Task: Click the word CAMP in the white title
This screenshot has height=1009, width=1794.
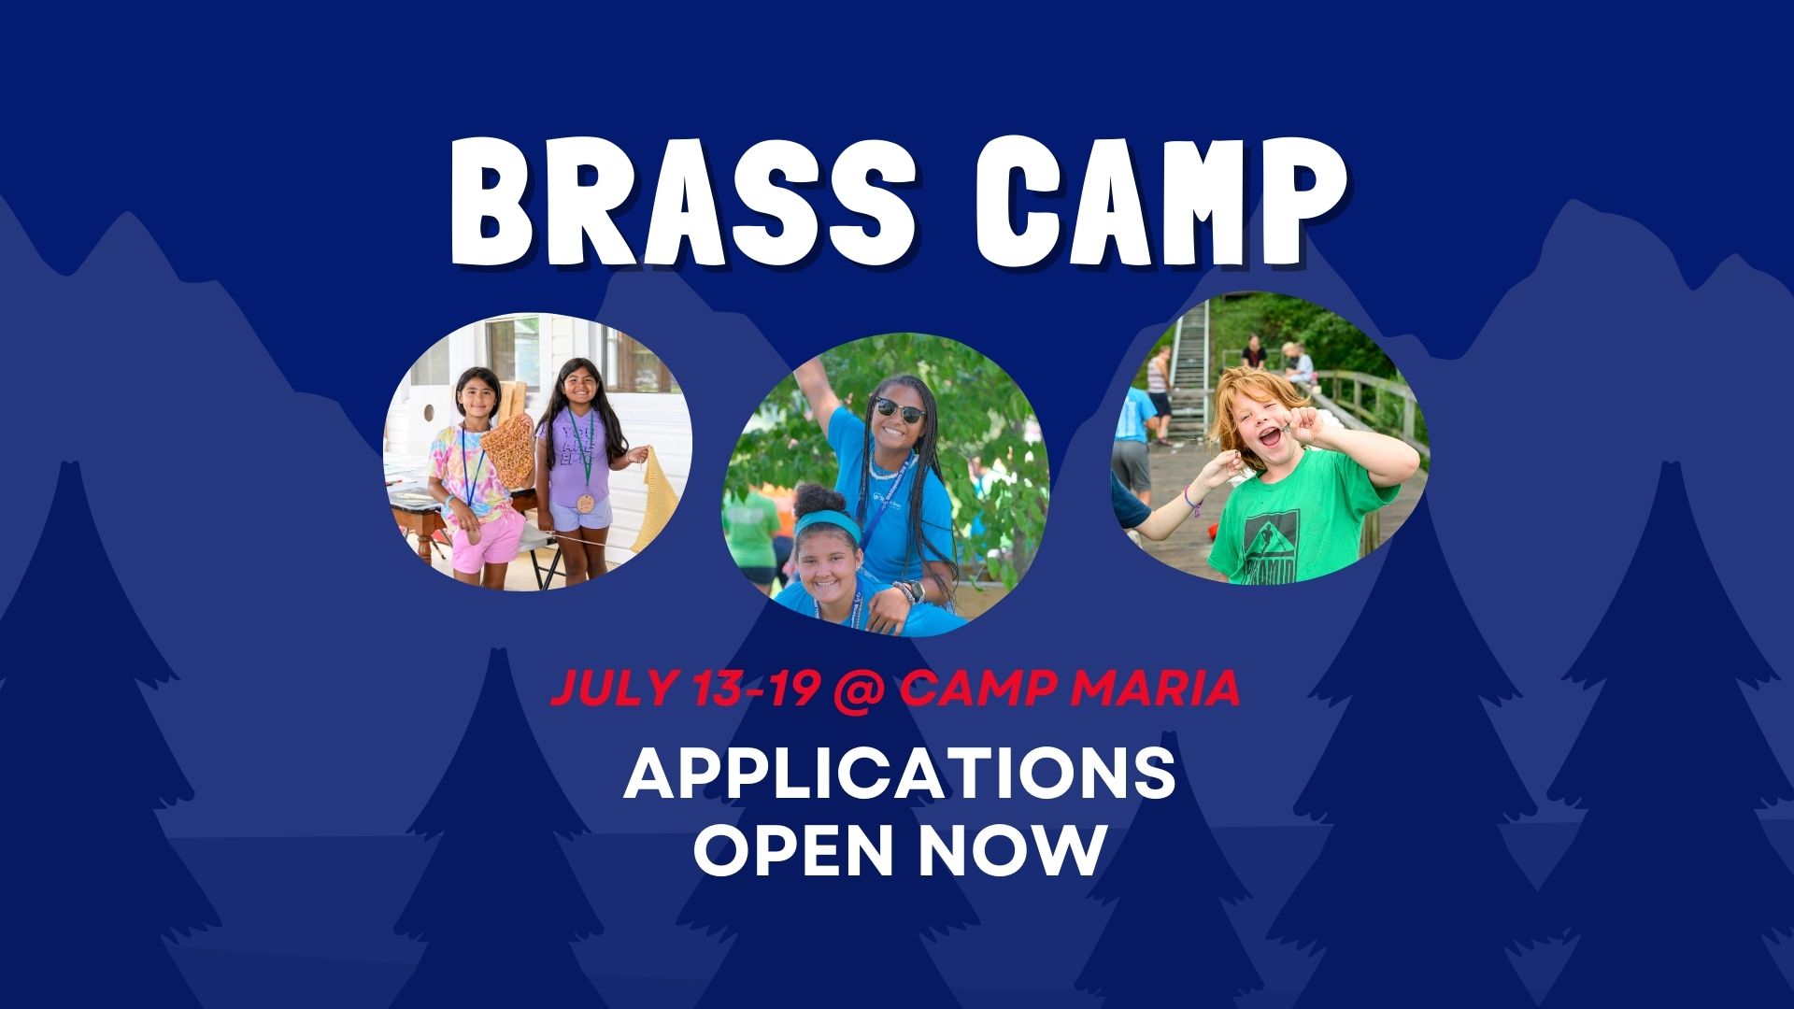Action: coord(1160,201)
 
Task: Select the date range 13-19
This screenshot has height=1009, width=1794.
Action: coord(757,689)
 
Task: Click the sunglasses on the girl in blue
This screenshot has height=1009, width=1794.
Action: coord(899,409)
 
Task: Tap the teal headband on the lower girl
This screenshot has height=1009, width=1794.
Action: coord(826,523)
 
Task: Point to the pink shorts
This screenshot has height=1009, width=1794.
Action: coord(488,539)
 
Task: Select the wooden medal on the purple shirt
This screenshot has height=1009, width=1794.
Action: coord(586,503)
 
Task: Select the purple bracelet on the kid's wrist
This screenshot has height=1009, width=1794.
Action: coord(1191,501)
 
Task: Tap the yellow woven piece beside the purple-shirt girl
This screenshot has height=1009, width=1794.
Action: coord(648,500)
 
